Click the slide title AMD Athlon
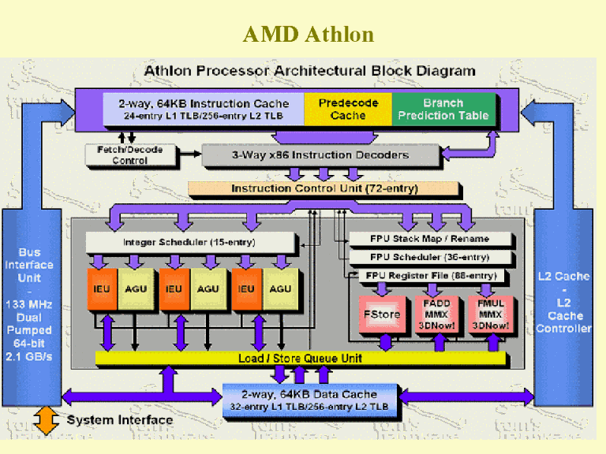(308, 35)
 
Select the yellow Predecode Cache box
(347, 109)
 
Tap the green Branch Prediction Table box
(443, 109)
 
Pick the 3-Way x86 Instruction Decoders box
(320, 155)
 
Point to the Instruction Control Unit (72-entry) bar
(324, 189)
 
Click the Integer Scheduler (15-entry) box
(189, 242)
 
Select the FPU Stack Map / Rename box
(430, 238)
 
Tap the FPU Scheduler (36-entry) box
(430, 257)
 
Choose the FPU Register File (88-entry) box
(430, 275)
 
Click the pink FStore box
(381, 314)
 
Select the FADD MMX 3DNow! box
(436, 314)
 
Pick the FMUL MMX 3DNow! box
(490, 314)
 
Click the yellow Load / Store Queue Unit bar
(300, 359)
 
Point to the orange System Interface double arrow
(47, 419)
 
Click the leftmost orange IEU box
(102, 289)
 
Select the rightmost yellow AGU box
(280, 289)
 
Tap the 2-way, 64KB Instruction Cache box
(204, 109)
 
